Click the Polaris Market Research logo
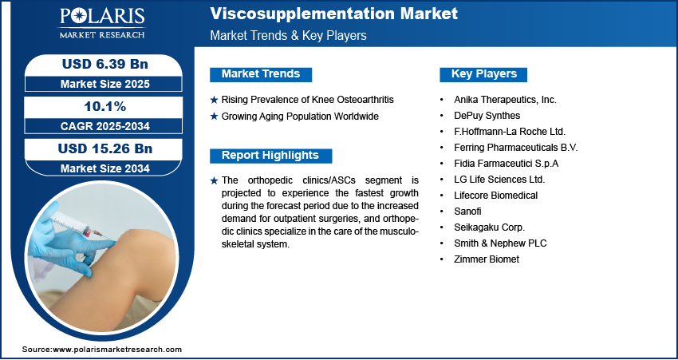point(102,23)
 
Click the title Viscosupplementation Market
point(333,14)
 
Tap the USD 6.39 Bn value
point(105,64)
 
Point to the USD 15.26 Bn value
point(105,148)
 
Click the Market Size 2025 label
point(105,84)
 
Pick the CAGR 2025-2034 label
point(105,126)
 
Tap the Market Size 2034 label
point(105,168)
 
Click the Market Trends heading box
point(261,74)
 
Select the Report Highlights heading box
point(270,156)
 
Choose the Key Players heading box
point(483,74)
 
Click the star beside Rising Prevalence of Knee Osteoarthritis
point(214,101)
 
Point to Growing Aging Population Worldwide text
point(300,117)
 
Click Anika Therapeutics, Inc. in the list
point(505,100)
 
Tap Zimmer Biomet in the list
point(487,259)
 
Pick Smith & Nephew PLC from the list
point(500,243)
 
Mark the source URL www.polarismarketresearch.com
point(117,349)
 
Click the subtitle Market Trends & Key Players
point(288,35)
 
